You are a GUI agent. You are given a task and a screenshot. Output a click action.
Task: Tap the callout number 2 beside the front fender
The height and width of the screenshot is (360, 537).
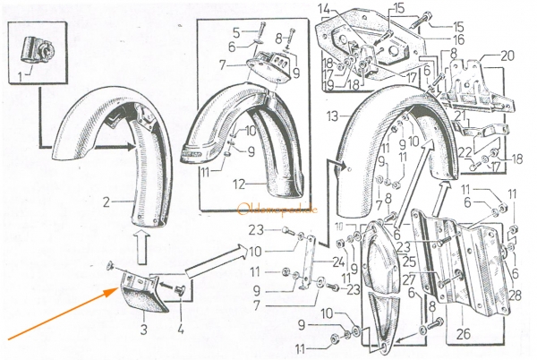106,201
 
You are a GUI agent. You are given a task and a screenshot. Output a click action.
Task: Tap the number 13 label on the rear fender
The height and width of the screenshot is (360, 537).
332,116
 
